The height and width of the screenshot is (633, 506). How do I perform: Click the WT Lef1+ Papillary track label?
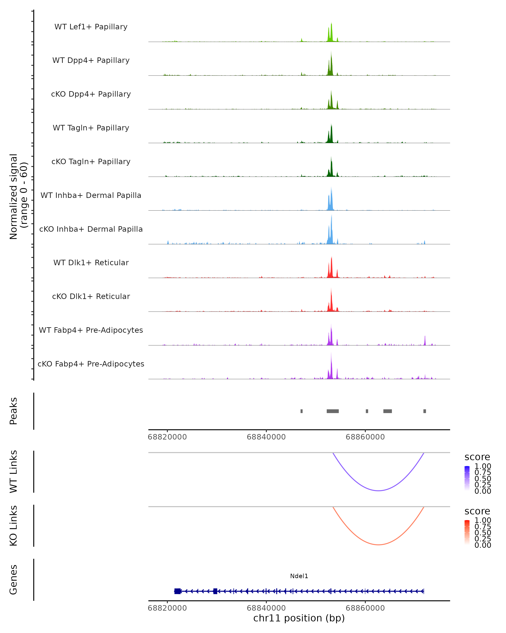(x=91, y=27)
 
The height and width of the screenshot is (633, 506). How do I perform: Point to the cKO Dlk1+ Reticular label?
(x=91, y=296)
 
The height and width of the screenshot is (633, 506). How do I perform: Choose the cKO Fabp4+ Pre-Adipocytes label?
(x=91, y=364)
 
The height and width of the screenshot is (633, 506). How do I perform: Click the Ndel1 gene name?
(x=299, y=576)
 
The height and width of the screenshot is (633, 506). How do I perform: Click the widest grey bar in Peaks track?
(x=333, y=411)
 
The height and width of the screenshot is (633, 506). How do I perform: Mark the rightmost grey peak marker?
(x=424, y=411)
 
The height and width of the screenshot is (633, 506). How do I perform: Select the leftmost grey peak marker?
(x=301, y=411)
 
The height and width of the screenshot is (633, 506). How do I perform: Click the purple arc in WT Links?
(x=378, y=491)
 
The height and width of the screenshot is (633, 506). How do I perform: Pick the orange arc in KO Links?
(x=378, y=545)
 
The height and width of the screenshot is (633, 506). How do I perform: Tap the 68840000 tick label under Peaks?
(x=266, y=437)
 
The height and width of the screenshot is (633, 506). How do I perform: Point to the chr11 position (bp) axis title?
(x=299, y=618)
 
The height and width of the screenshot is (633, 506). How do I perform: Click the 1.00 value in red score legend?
(x=483, y=520)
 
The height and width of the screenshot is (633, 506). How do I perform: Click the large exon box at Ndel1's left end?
(x=178, y=591)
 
